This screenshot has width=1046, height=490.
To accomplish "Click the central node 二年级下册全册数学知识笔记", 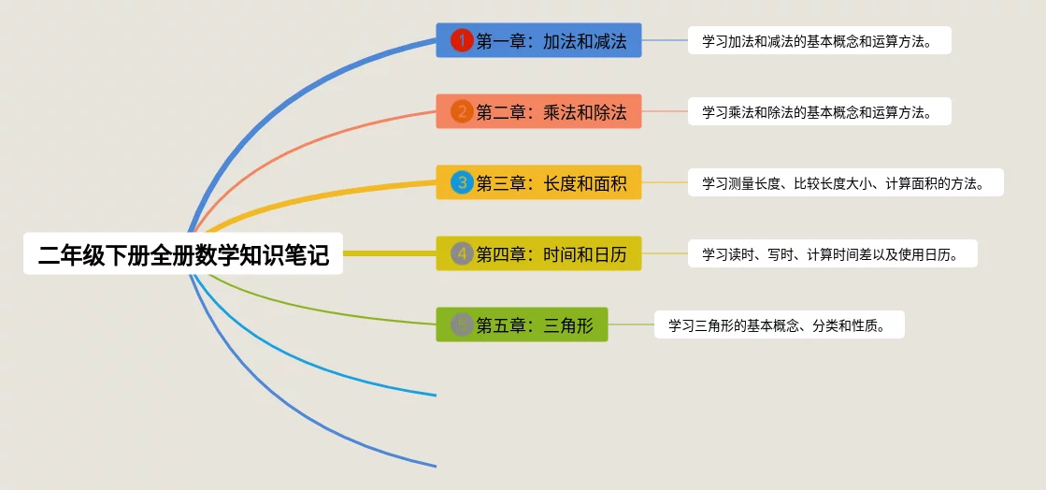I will tap(183, 253).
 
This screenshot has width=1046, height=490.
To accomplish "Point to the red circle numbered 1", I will tap(462, 40).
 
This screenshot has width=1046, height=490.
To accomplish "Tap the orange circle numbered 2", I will tap(462, 112).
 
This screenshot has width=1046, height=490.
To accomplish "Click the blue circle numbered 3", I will tap(462, 182).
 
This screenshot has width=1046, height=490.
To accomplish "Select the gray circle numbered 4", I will tap(462, 253).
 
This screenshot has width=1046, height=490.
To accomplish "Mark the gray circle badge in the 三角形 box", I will tap(462, 324).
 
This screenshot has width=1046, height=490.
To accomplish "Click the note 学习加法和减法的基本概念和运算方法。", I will tap(819, 40).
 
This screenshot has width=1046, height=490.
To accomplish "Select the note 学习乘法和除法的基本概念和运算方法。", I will tap(819, 112).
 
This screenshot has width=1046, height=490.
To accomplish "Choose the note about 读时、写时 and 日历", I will tap(832, 253).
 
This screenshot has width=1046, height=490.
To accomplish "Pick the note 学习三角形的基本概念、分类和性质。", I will tap(779, 324).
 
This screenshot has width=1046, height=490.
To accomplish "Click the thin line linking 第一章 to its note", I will tap(665, 40).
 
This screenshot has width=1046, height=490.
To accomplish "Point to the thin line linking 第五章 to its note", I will tap(631, 324).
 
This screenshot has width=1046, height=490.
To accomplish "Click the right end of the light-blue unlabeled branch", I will tap(434, 395).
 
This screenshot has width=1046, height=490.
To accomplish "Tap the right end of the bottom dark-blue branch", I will tap(434, 465).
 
